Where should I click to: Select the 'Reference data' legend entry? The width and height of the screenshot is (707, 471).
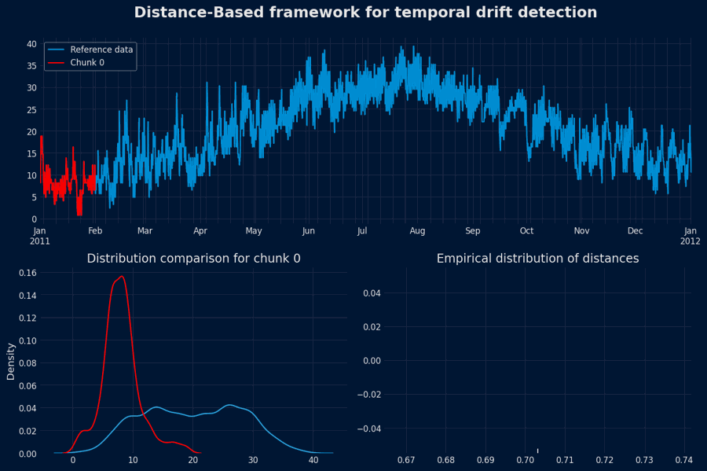point(101,50)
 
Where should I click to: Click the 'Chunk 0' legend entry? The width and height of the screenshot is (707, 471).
point(87,63)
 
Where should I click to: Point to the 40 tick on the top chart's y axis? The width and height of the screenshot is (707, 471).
point(31,44)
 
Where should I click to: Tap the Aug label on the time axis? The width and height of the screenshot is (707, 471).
point(417,231)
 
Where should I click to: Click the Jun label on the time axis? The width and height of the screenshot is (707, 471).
point(309,231)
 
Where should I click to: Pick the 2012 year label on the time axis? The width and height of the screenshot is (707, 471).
point(691,241)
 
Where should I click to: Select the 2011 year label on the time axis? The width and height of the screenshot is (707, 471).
point(40,241)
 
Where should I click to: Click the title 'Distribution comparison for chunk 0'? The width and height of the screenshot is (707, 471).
point(193,259)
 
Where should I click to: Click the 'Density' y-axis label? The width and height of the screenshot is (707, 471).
point(11,361)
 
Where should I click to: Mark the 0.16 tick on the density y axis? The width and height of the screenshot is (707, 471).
point(26,273)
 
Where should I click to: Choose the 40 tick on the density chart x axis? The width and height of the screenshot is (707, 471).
point(313,461)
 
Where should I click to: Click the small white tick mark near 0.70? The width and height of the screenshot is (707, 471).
point(538,451)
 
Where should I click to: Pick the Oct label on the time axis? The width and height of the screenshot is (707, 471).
point(526,231)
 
